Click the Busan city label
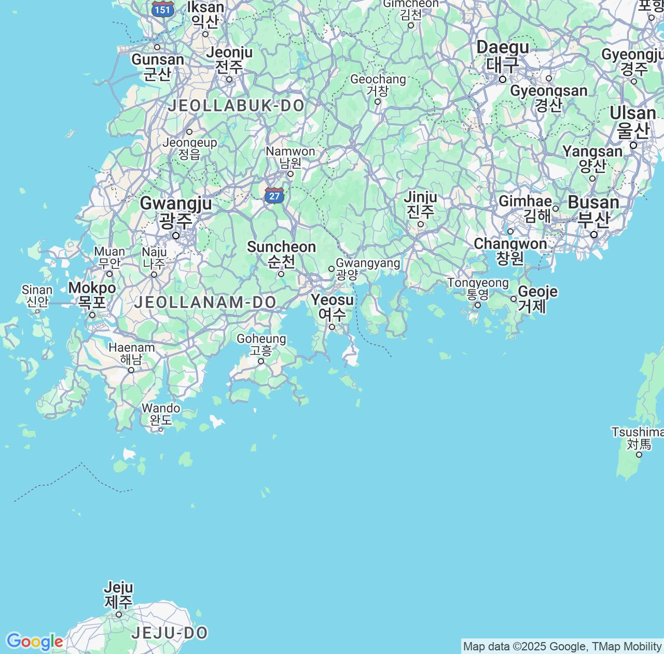pos(593,210)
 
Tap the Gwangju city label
pos(175,212)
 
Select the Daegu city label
pos(503,56)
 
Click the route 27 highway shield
pos(274,196)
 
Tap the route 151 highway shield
pos(163,9)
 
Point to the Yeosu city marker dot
pos(332,327)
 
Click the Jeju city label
pos(119,595)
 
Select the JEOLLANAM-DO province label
pos(205,302)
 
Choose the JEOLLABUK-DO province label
pos(236,106)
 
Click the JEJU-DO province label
pos(170,633)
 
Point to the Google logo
pos(34,642)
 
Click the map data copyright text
pos(562,647)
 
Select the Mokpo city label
pos(92,295)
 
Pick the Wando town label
pos(161,414)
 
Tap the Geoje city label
pos(537,298)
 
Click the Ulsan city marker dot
pos(633,145)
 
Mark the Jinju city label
pos(420,204)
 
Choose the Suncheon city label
pos(281,254)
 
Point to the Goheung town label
pos(261,344)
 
